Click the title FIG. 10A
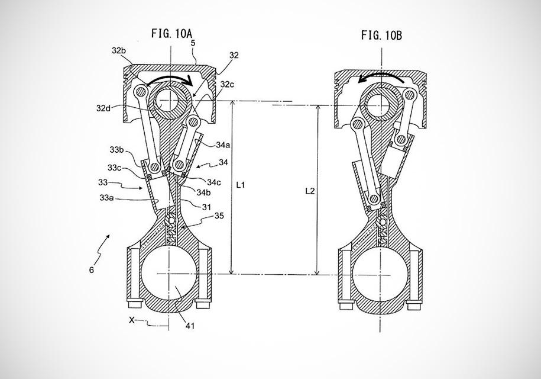tap(171, 34)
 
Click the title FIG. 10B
tap(381, 36)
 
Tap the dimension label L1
tap(241, 185)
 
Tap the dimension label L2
tap(310, 191)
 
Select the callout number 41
tap(190, 326)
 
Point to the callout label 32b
tap(119, 51)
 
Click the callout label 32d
tap(103, 108)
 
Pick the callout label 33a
tap(106, 198)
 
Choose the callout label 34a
tap(223, 145)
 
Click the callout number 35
tap(219, 216)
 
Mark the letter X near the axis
tap(131, 320)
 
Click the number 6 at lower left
tap(92, 270)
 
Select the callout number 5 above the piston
tap(193, 43)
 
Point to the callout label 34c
tap(214, 182)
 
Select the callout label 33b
tap(117, 150)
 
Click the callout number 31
tap(206, 207)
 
